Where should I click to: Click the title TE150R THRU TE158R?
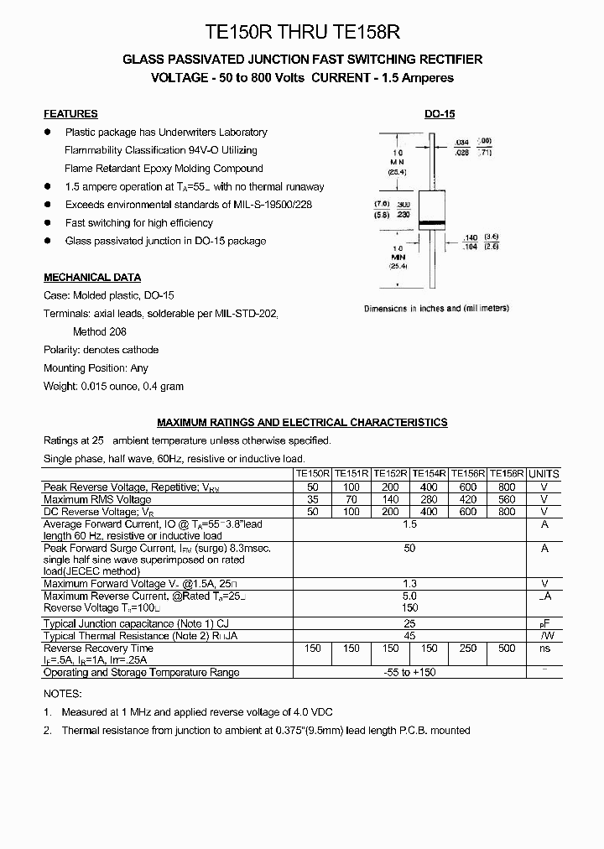302,32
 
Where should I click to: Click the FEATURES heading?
70,113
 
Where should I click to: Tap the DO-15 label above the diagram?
440,114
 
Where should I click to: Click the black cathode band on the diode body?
433,223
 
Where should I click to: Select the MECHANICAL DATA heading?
92,277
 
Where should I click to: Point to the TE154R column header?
429,473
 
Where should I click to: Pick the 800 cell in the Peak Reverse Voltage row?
507,487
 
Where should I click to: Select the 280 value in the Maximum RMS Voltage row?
429,499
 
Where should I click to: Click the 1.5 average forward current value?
409,523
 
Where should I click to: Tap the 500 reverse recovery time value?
507,648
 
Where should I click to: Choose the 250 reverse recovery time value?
468,648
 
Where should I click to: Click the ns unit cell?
544,648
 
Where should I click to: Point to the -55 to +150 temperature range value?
409,672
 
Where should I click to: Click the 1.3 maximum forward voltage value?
409,583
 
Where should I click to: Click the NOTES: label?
63,694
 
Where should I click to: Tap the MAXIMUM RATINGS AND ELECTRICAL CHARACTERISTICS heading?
302,422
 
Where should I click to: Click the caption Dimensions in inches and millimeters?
436,309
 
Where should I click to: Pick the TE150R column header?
313,473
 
